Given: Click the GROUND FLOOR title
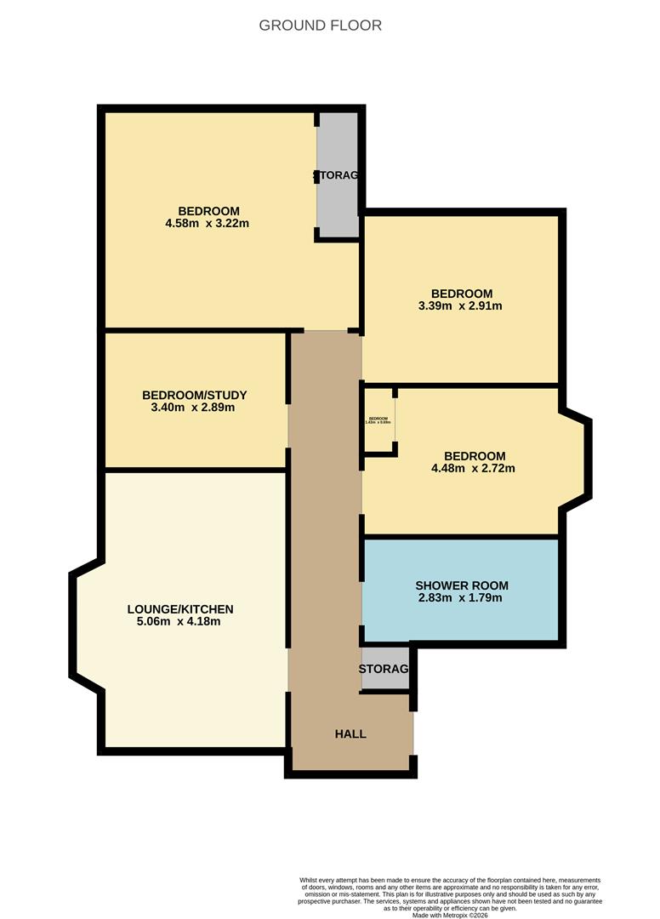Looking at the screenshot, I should coord(321,26).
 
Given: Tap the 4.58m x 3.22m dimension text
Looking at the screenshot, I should coord(208,224).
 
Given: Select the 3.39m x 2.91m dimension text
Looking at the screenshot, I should coord(461,306).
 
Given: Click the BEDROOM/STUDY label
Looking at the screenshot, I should coord(194,395).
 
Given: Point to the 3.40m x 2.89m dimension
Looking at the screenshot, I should coord(194,408).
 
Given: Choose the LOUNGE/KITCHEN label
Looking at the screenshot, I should coord(179,609).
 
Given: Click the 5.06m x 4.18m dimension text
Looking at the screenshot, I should coord(179,622).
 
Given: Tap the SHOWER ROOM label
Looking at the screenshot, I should coord(461,585).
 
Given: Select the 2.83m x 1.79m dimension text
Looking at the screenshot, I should coord(461,598).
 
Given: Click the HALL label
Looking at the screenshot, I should coord(350,733).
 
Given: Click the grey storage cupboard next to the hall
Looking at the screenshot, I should coord(384,670).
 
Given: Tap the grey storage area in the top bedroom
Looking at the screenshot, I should coord(338,175).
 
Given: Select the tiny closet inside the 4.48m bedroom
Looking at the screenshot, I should coord(379,420).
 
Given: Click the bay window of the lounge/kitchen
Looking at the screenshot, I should coord(87,625).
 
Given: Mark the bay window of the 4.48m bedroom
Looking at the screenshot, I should coord(574,459).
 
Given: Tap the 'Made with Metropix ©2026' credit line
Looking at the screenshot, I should coord(450,915).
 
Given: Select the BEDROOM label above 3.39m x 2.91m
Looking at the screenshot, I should coord(461,294).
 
